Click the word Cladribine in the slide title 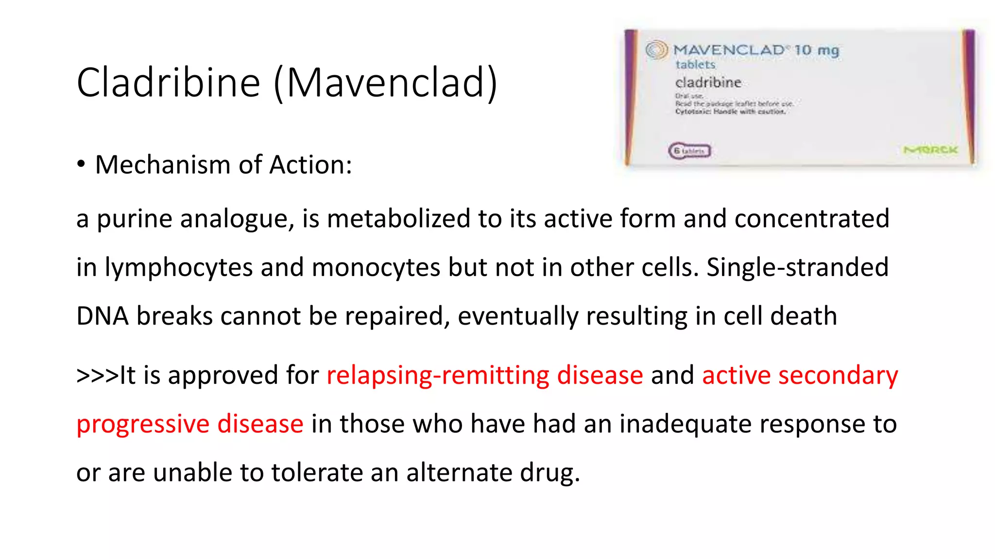168,82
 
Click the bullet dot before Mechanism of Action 81,164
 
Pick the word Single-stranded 797,267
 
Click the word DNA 103,316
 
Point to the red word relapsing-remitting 437,375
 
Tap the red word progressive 143,424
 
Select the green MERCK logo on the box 930,150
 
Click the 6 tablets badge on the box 689,151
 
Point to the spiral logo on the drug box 656,49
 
